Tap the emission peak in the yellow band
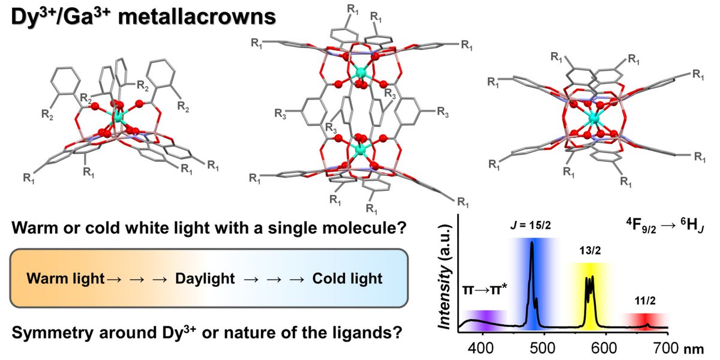tap(589, 282)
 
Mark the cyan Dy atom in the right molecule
tap(594, 118)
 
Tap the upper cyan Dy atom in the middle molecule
tap(361, 73)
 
